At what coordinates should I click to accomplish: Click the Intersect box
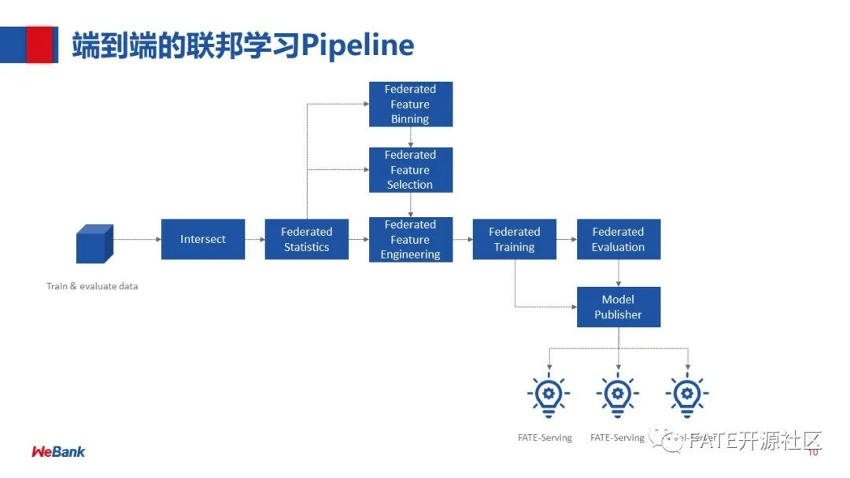click(202, 239)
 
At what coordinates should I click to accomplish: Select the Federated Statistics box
click(306, 239)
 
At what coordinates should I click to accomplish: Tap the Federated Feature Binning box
click(410, 104)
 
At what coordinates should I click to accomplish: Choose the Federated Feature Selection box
click(410, 170)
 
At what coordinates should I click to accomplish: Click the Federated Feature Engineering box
click(410, 239)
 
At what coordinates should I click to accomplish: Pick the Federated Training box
click(514, 239)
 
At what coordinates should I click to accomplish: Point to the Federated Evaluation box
click(618, 239)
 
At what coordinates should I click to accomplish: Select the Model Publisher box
click(618, 307)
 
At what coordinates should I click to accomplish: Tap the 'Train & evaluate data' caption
click(92, 286)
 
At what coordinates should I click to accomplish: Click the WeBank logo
click(58, 451)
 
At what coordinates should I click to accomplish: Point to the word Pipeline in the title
click(358, 46)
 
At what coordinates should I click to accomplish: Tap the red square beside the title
click(41, 44)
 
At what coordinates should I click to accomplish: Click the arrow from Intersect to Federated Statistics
click(254, 239)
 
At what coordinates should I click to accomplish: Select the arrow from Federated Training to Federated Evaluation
click(566, 239)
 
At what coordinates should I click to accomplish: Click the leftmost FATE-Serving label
click(545, 438)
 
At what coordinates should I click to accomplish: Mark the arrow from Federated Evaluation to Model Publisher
click(618, 273)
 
